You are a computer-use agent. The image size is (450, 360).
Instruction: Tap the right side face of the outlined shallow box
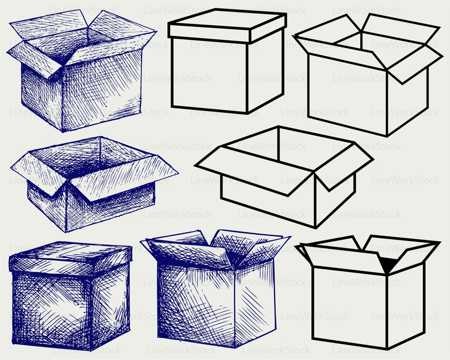335,200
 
